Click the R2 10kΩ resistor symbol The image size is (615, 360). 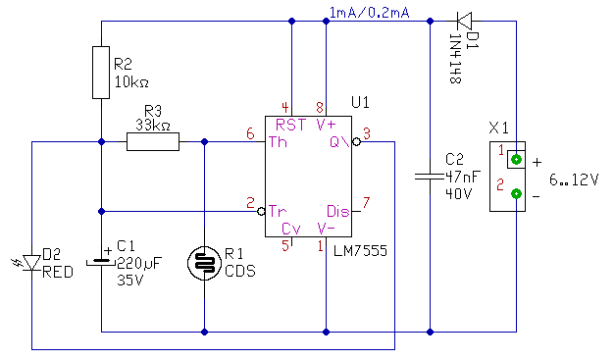click(101, 73)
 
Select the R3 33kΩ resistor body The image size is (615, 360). click(153, 141)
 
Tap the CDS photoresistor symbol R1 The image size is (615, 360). click(204, 263)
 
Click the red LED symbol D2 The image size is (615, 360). click(31, 262)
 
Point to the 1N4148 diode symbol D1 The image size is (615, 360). click(464, 21)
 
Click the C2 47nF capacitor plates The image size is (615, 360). click(430, 177)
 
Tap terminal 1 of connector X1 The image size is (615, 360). click(516, 160)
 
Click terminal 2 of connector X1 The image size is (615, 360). click(516, 193)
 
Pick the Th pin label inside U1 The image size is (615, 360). click(278, 142)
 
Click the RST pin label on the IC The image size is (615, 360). click(290, 126)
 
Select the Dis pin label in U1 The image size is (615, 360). click(338, 211)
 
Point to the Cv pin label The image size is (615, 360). click(291, 229)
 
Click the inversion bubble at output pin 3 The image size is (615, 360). click(356, 142)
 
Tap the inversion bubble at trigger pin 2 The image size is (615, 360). click(261, 211)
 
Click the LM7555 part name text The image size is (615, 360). click(360, 250)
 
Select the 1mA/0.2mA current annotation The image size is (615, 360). click(370, 13)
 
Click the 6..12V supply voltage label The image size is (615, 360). click(574, 180)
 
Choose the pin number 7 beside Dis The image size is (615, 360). click(366, 202)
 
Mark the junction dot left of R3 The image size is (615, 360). click(101, 141)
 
